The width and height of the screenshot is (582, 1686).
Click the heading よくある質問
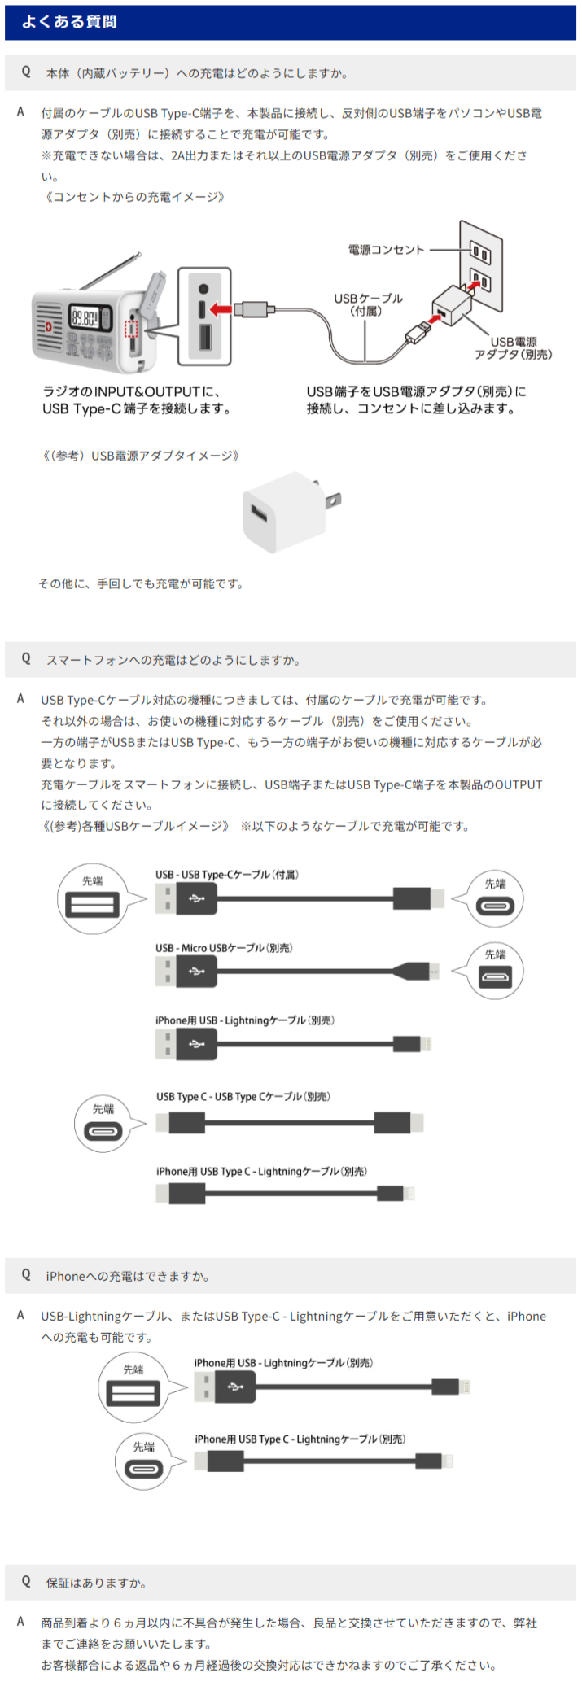click(x=69, y=22)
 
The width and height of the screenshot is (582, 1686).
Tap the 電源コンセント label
click(x=387, y=250)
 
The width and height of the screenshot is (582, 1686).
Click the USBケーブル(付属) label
click(x=368, y=304)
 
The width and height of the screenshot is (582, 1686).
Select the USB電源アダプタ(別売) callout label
click(x=514, y=348)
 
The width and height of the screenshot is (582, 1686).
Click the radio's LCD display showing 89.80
click(x=90, y=316)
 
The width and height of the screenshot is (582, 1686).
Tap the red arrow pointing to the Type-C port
click(x=221, y=309)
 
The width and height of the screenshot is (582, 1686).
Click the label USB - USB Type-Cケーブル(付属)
click(x=227, y=875)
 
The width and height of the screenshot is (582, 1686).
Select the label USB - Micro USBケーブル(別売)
click(x=224, y=948)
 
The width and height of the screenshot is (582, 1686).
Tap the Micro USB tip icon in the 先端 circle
click(x=495, y=978)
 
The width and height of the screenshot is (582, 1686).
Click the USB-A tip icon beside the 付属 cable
click(x=93, y=904)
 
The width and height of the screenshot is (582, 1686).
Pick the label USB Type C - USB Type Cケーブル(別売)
click(x=243, y=1097)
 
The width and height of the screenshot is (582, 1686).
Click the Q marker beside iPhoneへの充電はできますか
click(x=26, y=1275)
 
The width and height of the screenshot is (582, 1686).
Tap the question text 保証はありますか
click(x=96, y=1583)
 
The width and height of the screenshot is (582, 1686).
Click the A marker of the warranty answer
click(x=21, y=1622)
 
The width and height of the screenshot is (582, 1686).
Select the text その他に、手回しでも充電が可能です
click(x=141, y=583)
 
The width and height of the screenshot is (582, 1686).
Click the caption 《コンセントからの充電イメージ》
click(x=133, y=197)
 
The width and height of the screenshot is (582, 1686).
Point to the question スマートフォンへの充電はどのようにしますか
click(x=173, y=660)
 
